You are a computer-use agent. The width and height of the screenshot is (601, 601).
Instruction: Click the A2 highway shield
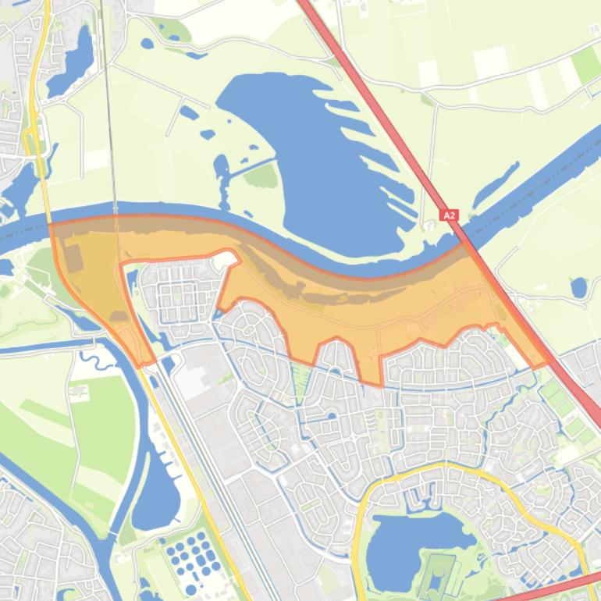(449, 215)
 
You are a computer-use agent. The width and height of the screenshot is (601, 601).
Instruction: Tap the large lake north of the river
(312, 148)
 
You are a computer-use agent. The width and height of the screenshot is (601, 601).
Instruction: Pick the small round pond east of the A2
(578, 287)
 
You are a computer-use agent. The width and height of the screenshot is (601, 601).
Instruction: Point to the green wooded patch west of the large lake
(261, 175)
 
